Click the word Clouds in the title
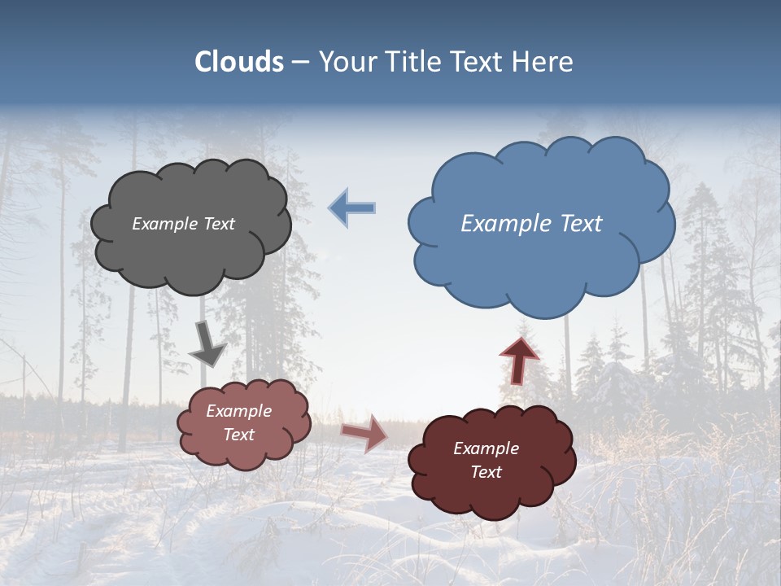click(239, 62)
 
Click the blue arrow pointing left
click(352, 208)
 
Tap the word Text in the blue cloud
click(581, 224)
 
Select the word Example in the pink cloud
click(238, 411)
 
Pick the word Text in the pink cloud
click(238, 435)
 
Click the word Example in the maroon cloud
click(486, 448)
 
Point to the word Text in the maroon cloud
click(486, 472)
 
